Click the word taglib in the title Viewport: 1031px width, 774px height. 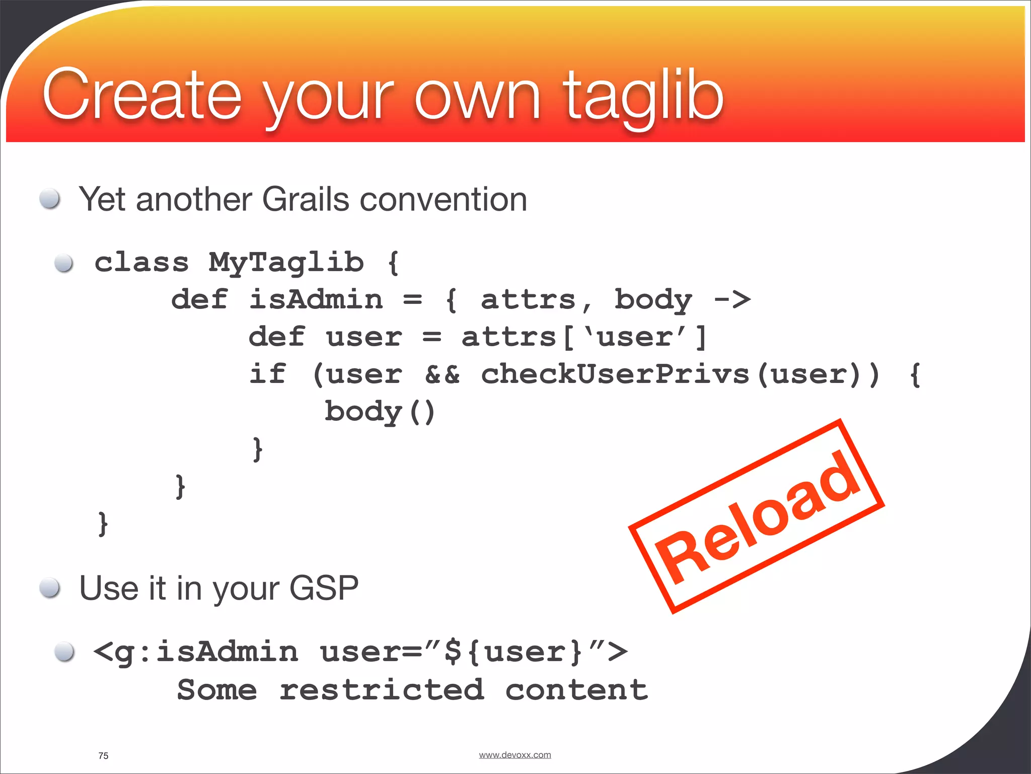[643, 96]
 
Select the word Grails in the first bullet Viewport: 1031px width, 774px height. [306, 200]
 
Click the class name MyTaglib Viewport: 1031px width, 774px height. [286, 263]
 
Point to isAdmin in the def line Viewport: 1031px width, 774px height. [316, 300]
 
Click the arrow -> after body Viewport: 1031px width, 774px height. [732, 300]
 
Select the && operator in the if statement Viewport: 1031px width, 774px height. [442, 374]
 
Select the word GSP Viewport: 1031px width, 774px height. [324, 588]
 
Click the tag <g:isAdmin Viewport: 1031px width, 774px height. [196, 652]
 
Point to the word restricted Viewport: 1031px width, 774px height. [382, 689]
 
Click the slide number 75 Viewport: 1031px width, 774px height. [103, 756]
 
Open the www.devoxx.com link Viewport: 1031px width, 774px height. [514, 755]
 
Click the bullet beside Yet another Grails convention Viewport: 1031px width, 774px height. [50, 199]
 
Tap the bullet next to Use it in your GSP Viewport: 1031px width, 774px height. [50, 588]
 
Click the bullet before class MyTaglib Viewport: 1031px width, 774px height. [64, 263]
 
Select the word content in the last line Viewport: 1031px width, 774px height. [576, 689]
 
